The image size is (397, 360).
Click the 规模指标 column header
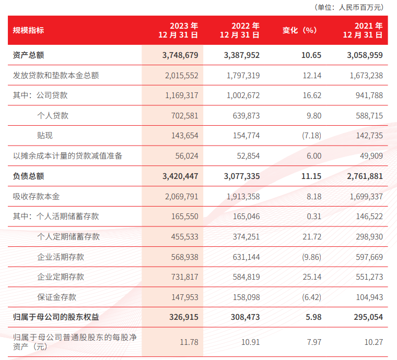(28, 30)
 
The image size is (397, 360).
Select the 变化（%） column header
(300, 30)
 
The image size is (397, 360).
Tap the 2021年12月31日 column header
(363, 30)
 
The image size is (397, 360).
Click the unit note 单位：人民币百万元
(349, 7)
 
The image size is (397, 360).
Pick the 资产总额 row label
(28, 55)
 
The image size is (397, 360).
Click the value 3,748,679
(180, 55)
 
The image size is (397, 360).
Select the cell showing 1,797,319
(243, 75)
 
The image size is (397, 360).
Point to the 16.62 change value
(312, 95)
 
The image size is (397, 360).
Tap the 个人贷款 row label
(53, 115)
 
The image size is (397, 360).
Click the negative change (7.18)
(311, 136)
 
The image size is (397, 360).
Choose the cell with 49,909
(371, 155)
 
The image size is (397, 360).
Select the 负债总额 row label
(28, 176)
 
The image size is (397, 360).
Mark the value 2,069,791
(182, 196)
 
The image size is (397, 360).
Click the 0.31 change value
(314, 217)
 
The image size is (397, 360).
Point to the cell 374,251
(247, 237)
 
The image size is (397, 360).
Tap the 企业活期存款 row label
(61, 257)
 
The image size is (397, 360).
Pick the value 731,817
(184, 277)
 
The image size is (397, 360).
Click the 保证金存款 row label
(57, 297)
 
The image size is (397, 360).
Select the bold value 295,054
(368, 317)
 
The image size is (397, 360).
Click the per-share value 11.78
(189, 342)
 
